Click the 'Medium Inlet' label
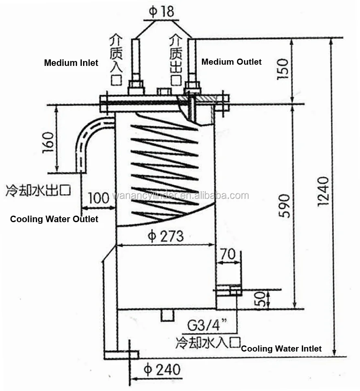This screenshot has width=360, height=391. tap(71, 63)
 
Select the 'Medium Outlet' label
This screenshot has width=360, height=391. tap(231, 62)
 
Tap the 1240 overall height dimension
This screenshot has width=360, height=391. tap(323, 191)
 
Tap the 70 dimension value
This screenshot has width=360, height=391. tap(228, 255)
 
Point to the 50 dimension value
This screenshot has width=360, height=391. tap(263, 299)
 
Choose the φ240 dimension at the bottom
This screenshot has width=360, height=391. tap(162, 370)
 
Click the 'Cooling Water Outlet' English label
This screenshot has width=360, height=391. tap(54, 219)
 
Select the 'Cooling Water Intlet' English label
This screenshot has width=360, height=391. tap(281, 349)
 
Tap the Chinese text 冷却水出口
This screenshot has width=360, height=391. tap(39, 190)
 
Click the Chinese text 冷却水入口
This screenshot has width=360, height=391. tap(208, 343)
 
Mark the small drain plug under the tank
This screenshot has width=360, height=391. tap(167, 315)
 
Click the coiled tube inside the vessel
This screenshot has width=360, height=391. tap(165, 171)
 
